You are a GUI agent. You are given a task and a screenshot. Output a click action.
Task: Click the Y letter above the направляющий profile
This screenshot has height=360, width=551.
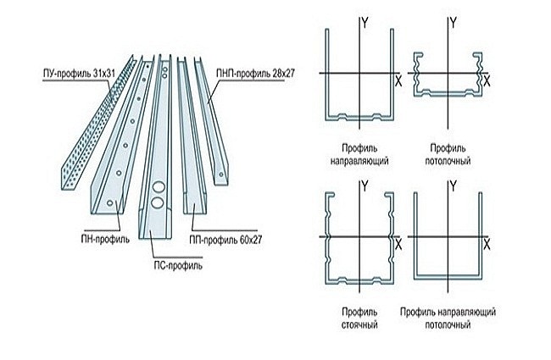pos(364,23)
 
